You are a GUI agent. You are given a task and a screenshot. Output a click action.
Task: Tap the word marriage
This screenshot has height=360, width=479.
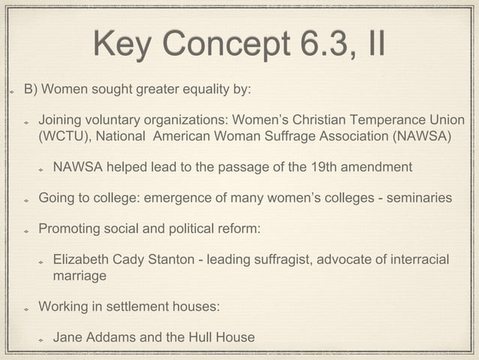[80, 277]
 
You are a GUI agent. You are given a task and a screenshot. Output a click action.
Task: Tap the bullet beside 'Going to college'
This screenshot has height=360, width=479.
[26, 198]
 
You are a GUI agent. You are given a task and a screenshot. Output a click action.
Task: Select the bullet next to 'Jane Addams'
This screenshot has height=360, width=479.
[42, 338]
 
